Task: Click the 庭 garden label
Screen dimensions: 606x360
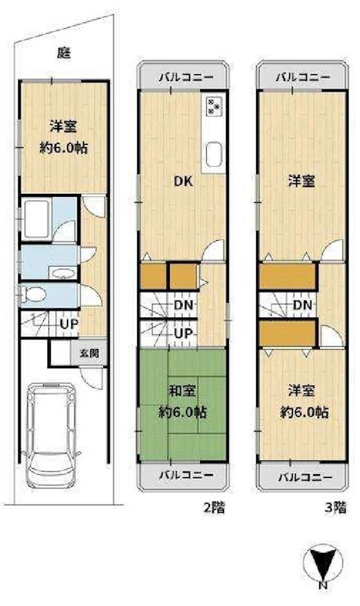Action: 64,52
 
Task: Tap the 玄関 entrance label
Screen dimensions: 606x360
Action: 89,353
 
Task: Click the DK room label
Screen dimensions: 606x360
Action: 183,181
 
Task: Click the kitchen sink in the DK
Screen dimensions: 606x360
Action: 211,155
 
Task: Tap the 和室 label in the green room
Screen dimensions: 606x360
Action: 183,392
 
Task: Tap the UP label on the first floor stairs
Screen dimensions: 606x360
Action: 69,324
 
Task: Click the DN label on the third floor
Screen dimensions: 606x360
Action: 303,305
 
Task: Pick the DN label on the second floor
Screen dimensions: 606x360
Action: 183,305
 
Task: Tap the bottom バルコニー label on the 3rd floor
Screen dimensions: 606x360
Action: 301,477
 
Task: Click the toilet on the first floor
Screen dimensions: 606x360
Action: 38,294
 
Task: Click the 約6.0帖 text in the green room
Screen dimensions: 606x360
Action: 183,413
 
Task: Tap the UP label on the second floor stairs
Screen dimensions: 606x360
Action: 183,333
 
